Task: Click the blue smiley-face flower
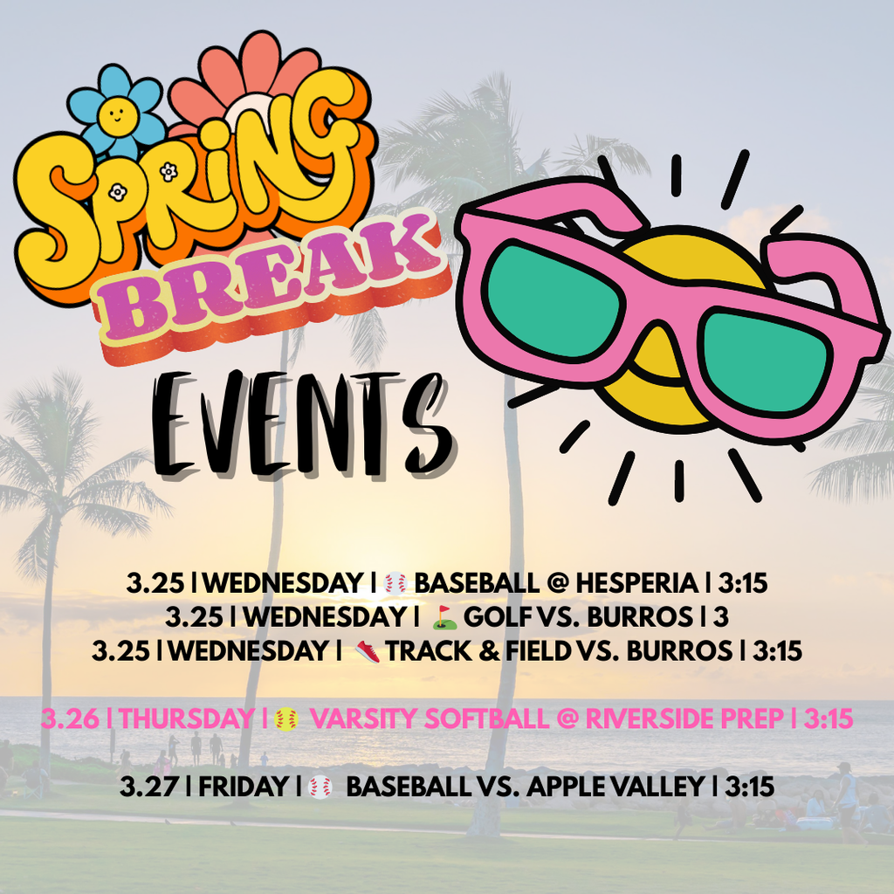[116, 113]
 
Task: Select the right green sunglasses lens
[763, 359]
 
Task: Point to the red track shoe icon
[368, 651]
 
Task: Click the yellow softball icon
[286, 719]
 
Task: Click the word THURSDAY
[185, 719]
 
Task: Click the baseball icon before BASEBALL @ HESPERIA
[395, 583]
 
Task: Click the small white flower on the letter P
[118, 190]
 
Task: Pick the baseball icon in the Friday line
[320, 787]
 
